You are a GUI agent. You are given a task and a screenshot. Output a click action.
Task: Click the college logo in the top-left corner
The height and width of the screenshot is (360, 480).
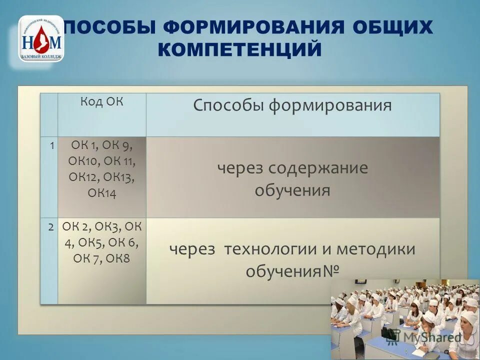click(x=41, y=38)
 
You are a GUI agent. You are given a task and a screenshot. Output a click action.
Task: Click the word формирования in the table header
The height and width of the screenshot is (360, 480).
click(x=330, y=105)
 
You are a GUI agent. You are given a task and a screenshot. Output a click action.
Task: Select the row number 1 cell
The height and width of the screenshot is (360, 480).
click(x=51, y=145)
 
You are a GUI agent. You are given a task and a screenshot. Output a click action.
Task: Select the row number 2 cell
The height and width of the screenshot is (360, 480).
click(x=51, y=226)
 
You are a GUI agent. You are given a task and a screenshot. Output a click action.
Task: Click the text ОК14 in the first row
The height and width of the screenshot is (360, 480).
click(x=102, y=193)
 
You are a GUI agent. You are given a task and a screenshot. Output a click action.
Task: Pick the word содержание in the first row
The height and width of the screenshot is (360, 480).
click(x=318, y=168)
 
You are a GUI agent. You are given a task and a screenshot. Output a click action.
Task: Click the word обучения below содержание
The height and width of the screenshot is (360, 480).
click(x=292, y=190)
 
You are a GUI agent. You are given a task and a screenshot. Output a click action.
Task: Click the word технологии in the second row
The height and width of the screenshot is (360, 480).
click(x=270, y=248)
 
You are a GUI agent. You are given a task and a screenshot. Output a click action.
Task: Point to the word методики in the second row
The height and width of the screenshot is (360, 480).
click(x=375, y=248)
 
